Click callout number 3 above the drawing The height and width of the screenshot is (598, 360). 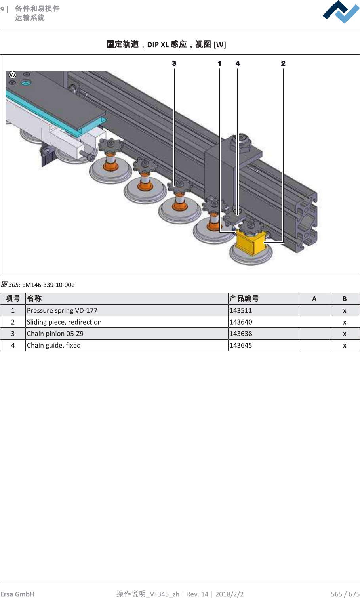tap(174, 63)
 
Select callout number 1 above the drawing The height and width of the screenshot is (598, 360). tap(219, 63)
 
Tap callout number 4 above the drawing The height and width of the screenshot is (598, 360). tap(238, 63)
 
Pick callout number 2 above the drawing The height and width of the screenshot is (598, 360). tap(283, 63)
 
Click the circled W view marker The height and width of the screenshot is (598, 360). tap(13, 75)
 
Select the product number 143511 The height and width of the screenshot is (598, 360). tap(241, 311)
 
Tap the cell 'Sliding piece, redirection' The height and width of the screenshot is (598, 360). tap(64, 322)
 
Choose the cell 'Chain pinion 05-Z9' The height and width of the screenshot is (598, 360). tap(55, 334)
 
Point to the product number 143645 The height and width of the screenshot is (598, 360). tap(241, 345)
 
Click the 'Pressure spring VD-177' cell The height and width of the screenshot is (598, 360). tap(62, 311)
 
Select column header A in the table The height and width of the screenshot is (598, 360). tap(314, 299)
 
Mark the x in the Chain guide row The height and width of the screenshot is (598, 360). tap(345, 346)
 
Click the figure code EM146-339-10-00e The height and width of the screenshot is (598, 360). tap(48, 285)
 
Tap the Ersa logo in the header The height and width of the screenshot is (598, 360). tap(341, 12)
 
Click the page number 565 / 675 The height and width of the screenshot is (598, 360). tap(345, 594)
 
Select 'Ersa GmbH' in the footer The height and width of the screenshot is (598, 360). tap(17, 594)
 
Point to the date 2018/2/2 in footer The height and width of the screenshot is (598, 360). tap(229, 594)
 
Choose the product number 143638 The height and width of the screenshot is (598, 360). tap(241, 334)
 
